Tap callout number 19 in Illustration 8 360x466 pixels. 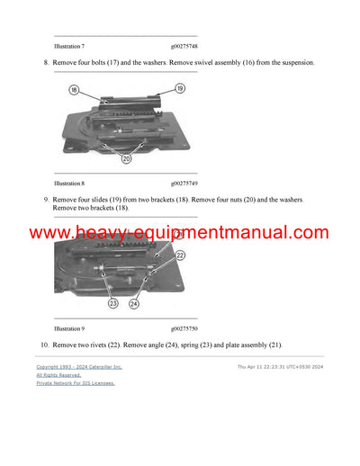tap(180, 88)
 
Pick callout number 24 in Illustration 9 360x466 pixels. tap(133, 302)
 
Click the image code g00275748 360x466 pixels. tap(189, 45)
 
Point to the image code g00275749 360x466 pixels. tap(189, 183)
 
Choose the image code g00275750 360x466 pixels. tap(189, 328)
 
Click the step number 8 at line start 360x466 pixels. tap(45, 62)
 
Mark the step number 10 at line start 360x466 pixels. tap(43, 345)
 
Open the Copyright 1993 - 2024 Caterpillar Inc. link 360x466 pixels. tap(79, 367)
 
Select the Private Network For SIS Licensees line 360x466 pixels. tap(76, 383)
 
